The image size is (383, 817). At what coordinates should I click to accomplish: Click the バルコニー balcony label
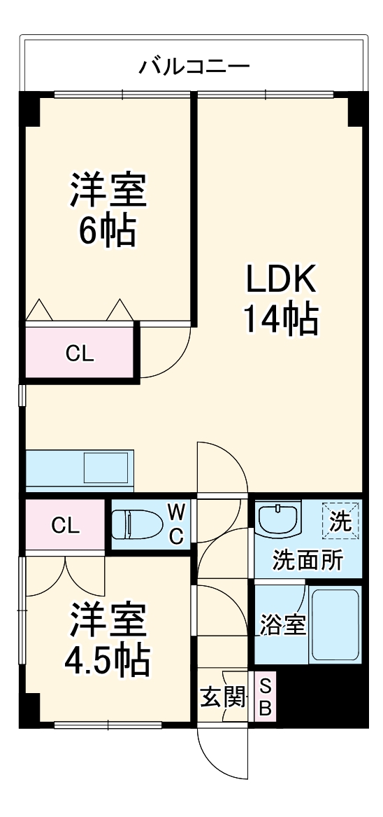(194, 67)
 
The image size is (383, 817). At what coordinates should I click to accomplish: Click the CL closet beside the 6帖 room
(80, 354)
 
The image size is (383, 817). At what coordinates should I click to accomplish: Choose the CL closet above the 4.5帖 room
(64, 525)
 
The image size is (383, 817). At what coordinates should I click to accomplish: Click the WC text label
(177, 524)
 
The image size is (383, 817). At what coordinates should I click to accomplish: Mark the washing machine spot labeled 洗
(340, 521)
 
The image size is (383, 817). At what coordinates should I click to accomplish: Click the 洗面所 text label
(308, 560)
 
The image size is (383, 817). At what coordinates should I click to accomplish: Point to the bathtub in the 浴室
(334, 624)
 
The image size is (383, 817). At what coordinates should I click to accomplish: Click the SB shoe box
(265, 697)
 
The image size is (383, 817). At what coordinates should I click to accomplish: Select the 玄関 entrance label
(223, 697)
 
